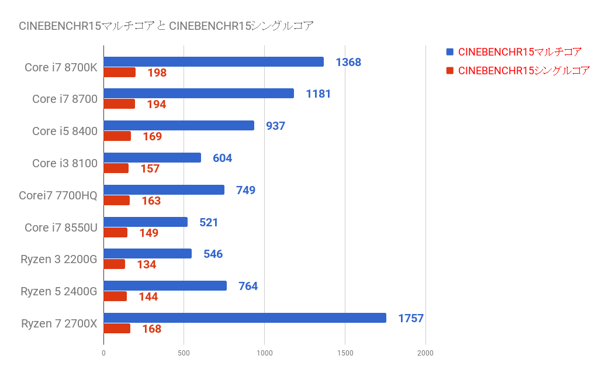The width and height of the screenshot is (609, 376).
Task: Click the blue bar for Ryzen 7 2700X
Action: (244, 318)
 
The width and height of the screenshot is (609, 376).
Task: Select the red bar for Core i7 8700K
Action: (120, 73)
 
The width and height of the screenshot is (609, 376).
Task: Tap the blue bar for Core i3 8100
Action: (152, 158)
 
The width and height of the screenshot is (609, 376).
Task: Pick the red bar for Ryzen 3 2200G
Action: (115, 264)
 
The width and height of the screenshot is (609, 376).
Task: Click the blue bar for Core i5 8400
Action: (179, 126)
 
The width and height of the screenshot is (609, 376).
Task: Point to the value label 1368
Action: (348, 62)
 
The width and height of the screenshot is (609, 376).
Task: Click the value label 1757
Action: (411, 319)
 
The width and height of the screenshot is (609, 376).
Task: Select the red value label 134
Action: (147, 265)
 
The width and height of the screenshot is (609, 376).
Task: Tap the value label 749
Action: (245, 190)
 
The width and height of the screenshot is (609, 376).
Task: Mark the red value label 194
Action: (157, 105)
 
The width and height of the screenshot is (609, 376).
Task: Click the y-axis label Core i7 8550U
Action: (61, 227)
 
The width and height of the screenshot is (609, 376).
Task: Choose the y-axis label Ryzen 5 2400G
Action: (58, 291)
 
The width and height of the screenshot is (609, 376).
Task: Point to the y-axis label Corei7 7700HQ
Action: (58, 195)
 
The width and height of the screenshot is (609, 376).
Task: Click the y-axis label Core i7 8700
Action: (64, 99)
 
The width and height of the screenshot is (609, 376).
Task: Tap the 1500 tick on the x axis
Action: (345, 353)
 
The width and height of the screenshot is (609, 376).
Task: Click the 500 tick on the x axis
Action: (184, 353)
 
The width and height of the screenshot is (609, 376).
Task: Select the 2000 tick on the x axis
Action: (425, 353)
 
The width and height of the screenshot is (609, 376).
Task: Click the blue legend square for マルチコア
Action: (449, 52)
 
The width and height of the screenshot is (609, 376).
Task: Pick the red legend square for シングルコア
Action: (449, 71)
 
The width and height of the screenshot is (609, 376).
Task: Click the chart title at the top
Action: (166, 26)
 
